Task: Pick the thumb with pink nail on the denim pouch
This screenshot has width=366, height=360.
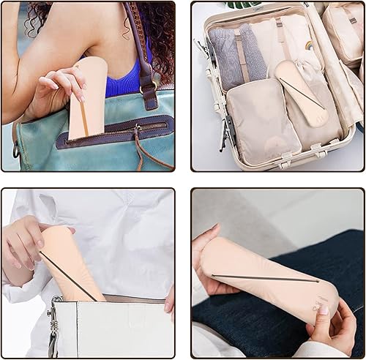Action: coord(323,315)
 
